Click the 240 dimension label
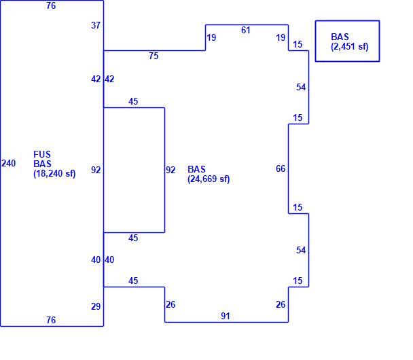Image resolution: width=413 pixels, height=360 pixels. point(9,163)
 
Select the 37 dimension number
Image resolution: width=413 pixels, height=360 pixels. point(96,25)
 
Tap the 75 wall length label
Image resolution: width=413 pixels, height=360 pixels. point(154,56)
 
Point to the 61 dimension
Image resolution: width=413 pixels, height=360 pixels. point(246,30)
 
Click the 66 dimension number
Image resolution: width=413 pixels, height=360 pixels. point(281,168)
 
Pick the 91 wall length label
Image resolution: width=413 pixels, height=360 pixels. point(226,316)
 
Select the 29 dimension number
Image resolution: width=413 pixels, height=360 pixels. point(96,306)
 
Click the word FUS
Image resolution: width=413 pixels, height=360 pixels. point(42,154)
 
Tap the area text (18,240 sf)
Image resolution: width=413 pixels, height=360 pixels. point(54,174)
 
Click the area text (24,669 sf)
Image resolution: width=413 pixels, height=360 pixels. point(209,179)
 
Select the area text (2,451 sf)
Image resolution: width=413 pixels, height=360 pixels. point(350,47)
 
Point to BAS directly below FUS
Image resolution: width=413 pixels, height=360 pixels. point(42,164)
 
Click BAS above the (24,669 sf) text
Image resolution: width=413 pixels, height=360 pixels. point(196,169)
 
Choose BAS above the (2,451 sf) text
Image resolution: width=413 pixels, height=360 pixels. point(340,37)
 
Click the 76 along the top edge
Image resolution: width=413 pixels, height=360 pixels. point(51,5)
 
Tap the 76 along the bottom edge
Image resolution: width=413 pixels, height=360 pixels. point(51,320)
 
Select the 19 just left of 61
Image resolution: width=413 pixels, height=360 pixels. point(211,37)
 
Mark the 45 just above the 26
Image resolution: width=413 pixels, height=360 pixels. point(133,281)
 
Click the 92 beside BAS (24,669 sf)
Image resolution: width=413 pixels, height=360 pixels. point(170,170)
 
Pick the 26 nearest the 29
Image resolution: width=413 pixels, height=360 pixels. point(170,304)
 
